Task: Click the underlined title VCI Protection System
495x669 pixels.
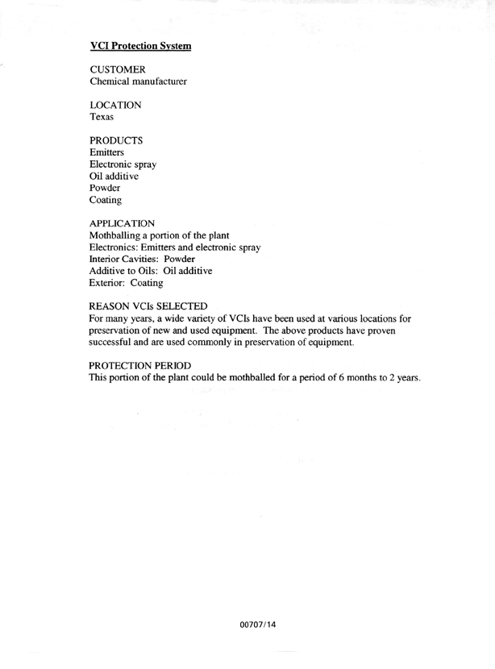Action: (140, 47)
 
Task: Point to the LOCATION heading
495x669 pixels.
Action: (116, 106)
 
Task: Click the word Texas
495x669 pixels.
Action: (102, 118)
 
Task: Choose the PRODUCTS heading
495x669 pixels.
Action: (116, 141)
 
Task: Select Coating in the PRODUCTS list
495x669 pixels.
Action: (106, 199)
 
